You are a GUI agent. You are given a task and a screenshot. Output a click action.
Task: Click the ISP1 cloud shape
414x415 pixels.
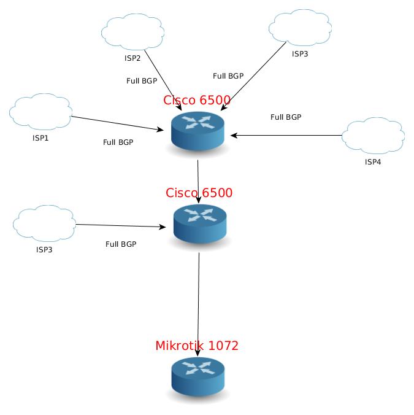point(40,112)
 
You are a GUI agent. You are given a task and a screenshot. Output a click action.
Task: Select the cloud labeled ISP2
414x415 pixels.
point(132,32)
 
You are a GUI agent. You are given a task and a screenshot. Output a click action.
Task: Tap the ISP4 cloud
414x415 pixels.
point(373,136)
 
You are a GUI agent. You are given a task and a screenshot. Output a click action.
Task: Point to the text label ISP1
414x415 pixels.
point(40,138)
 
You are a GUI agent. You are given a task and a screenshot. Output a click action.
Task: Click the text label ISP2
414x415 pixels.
point(132,58)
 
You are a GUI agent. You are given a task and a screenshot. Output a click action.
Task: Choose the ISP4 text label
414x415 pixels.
point(373,161)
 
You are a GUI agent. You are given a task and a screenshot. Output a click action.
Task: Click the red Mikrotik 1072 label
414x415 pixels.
point(197,346)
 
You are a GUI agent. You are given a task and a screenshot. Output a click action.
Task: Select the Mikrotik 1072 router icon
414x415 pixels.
point(197,376)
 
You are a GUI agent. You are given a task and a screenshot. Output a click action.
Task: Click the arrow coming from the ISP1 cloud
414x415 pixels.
point(117,123)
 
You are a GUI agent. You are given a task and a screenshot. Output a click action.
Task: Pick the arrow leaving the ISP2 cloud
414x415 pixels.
point(163,80)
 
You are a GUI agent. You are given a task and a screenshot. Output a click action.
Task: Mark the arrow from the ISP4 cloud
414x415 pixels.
point(286,135)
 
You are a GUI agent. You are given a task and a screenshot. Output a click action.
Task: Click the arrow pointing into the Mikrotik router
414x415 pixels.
point(198,304)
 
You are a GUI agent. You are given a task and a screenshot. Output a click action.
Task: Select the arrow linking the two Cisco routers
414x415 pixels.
point(198,182)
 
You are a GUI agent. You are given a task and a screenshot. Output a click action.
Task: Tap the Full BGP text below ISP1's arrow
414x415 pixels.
point(118,142)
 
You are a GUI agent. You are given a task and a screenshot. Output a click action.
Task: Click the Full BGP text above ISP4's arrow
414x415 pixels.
point(286,117)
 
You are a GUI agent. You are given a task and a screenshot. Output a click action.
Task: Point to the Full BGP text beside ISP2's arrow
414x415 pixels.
point(142,80)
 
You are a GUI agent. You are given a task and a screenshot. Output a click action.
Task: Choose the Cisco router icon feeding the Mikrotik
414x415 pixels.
point(200,224)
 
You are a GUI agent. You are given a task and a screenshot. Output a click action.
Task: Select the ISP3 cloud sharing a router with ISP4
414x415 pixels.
point(301,28)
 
